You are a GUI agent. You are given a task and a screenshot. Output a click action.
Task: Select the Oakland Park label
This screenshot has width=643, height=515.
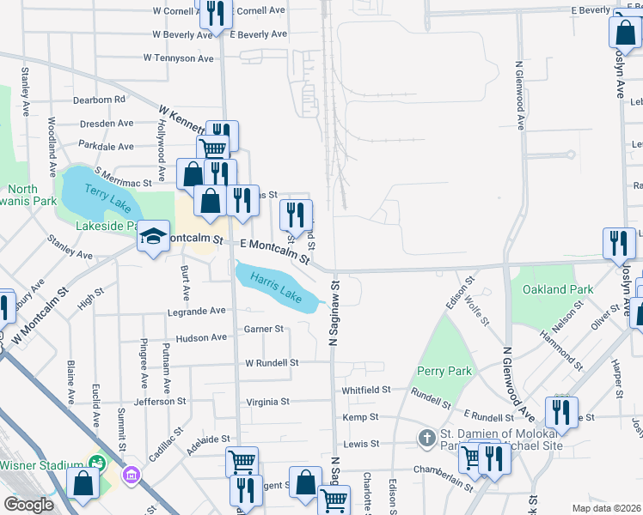(557, 289)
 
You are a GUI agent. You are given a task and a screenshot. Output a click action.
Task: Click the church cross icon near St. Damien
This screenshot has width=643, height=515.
(426, 439)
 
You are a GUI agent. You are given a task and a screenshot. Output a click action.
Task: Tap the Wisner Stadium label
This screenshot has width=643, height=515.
(40, 465)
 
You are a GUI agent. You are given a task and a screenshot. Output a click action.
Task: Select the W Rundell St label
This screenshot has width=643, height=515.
(272, 363)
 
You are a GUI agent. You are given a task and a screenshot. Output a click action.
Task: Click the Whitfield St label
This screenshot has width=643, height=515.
(366, 389)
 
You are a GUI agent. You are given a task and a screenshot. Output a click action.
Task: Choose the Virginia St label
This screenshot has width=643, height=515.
(267, 402)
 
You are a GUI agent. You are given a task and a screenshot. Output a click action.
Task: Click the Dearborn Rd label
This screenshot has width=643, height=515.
(99, 100)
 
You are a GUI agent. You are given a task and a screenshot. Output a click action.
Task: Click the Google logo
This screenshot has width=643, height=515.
(28, 505)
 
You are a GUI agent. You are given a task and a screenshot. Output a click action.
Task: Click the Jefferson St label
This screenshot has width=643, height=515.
(160, 401)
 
